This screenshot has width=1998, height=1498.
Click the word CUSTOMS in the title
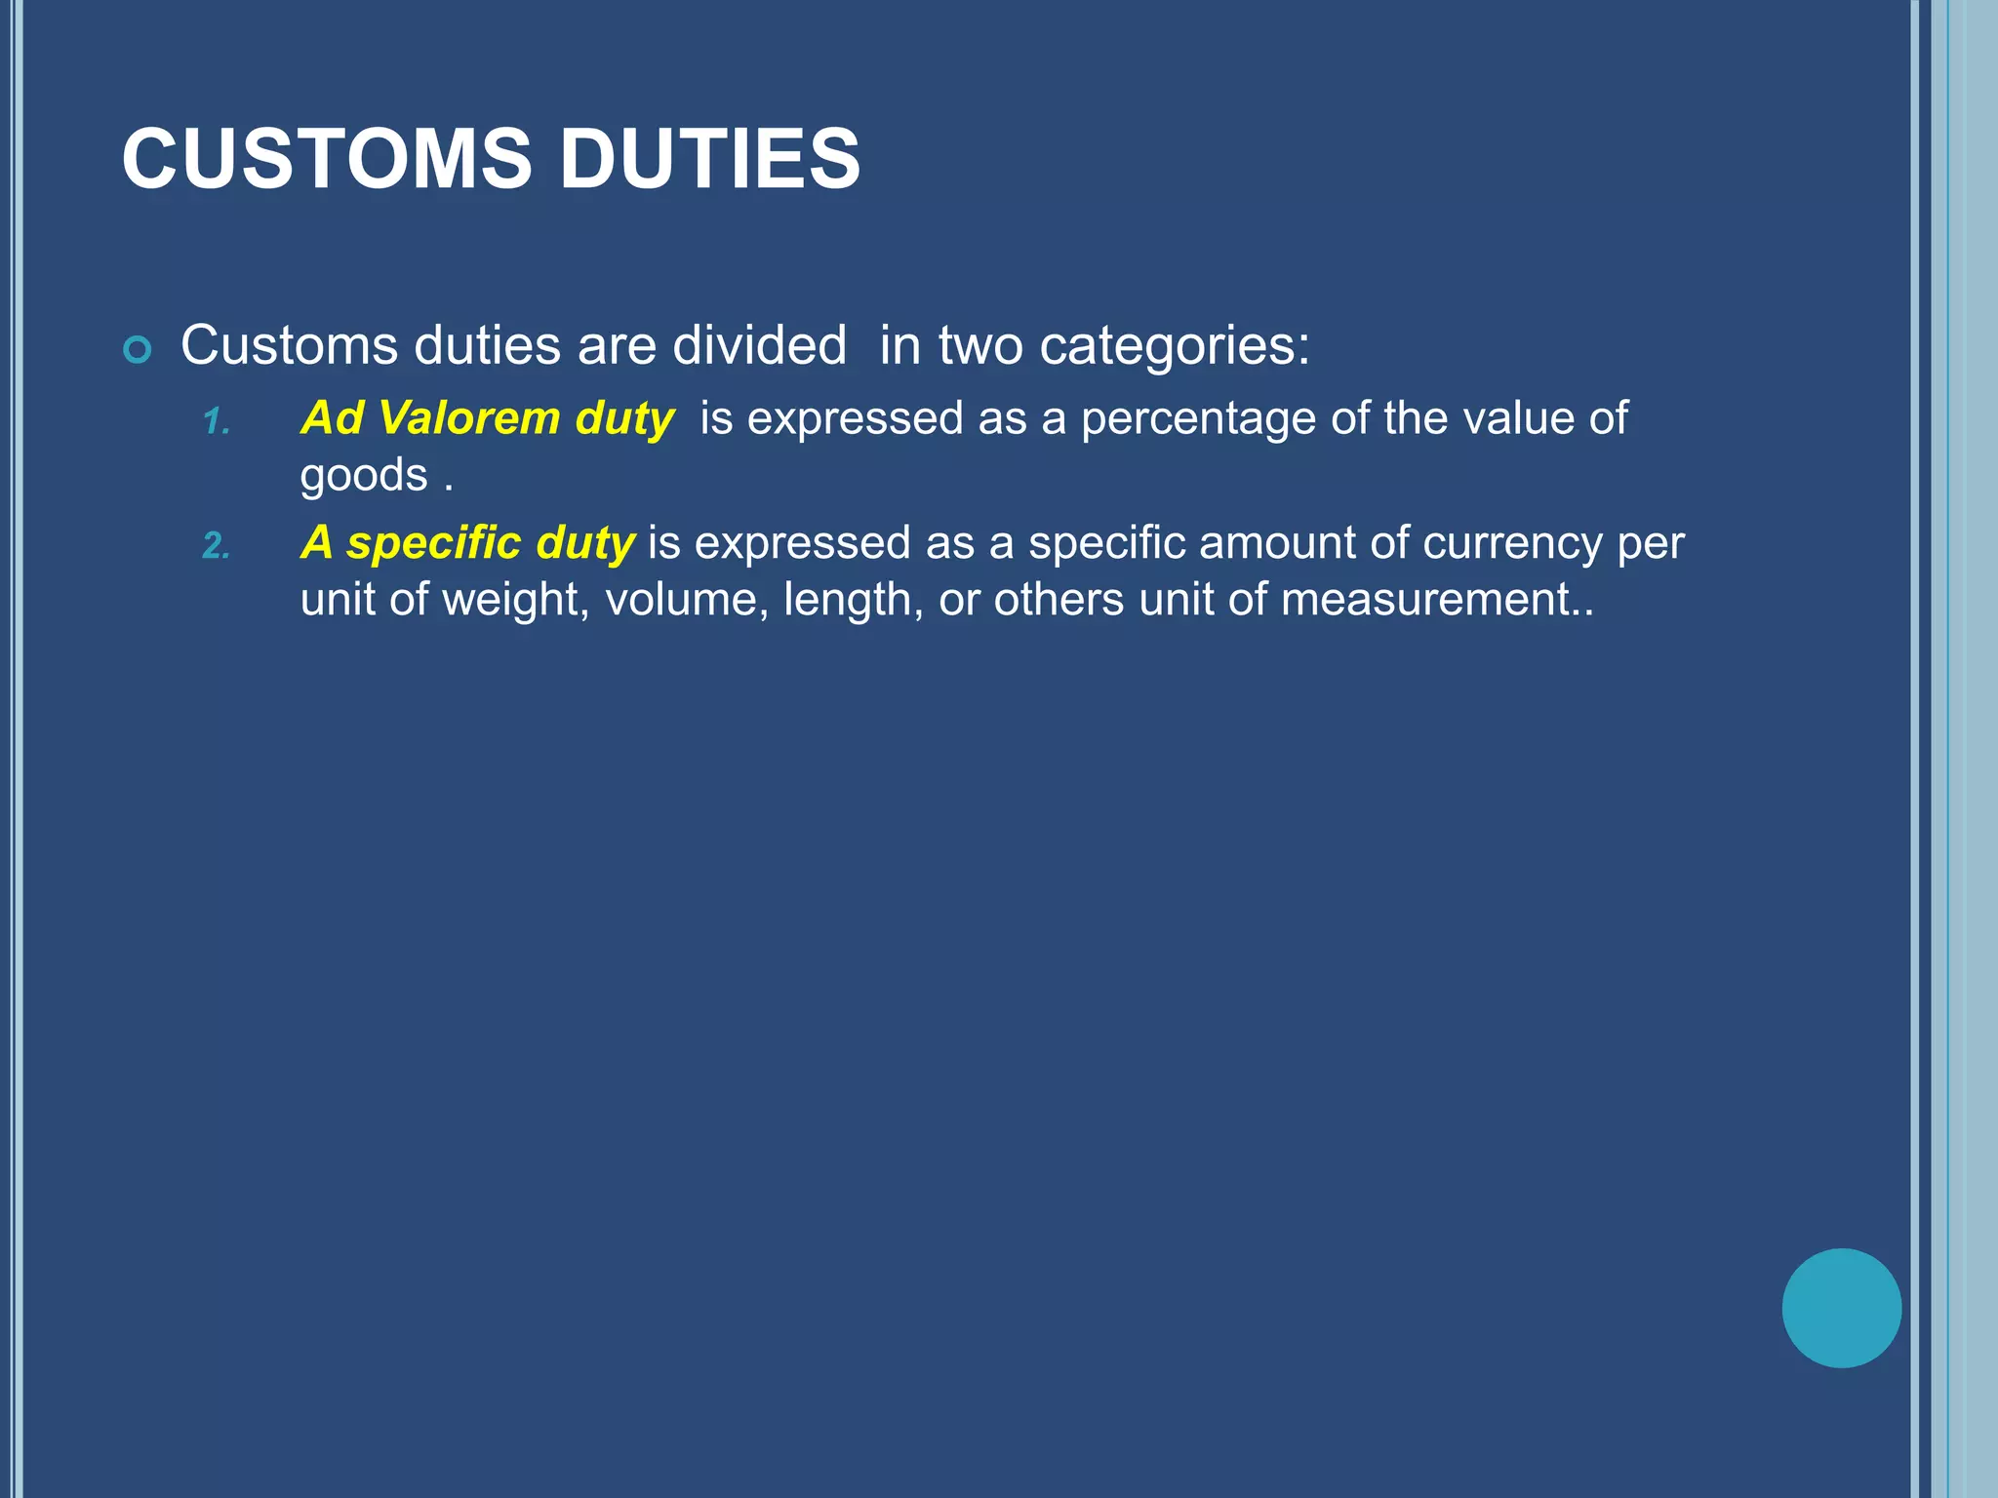tap(327, 159)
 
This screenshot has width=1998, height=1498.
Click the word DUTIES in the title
tap(709, 159)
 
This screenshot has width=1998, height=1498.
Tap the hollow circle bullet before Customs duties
tap(138, 350)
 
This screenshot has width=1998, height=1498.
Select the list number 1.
tap(216, 422)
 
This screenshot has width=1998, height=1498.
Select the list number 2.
tap(216, 546)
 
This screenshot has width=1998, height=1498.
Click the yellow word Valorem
tap(468, 418)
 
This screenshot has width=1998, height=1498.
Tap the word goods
tap(364, 476)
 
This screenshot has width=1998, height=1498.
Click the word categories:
tap(1175, 345)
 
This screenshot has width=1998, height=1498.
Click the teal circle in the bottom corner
tap(1841, 1308)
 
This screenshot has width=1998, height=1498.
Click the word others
tap(1059, 599)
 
